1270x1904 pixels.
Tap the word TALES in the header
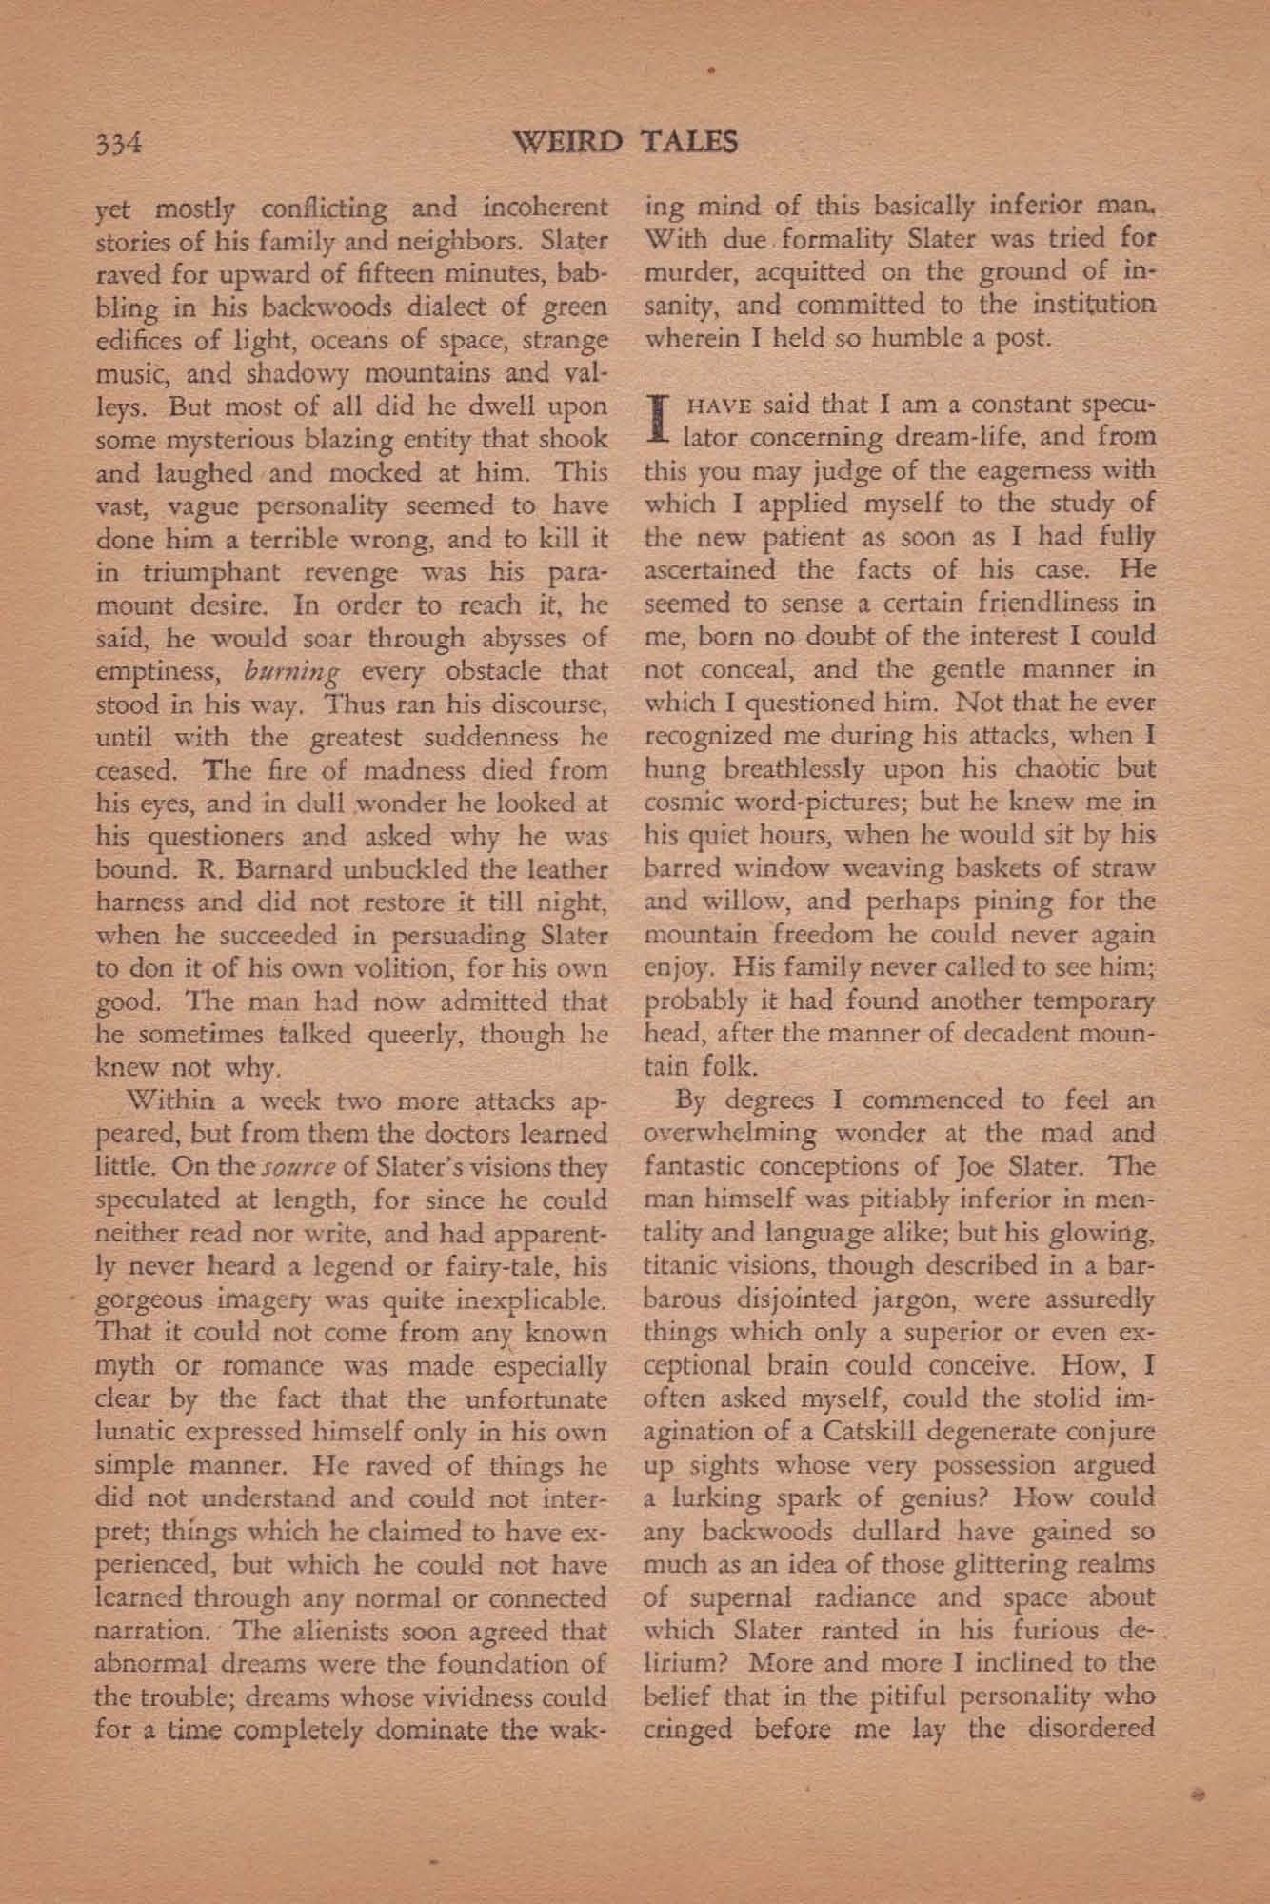690,143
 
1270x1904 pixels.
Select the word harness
142,902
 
